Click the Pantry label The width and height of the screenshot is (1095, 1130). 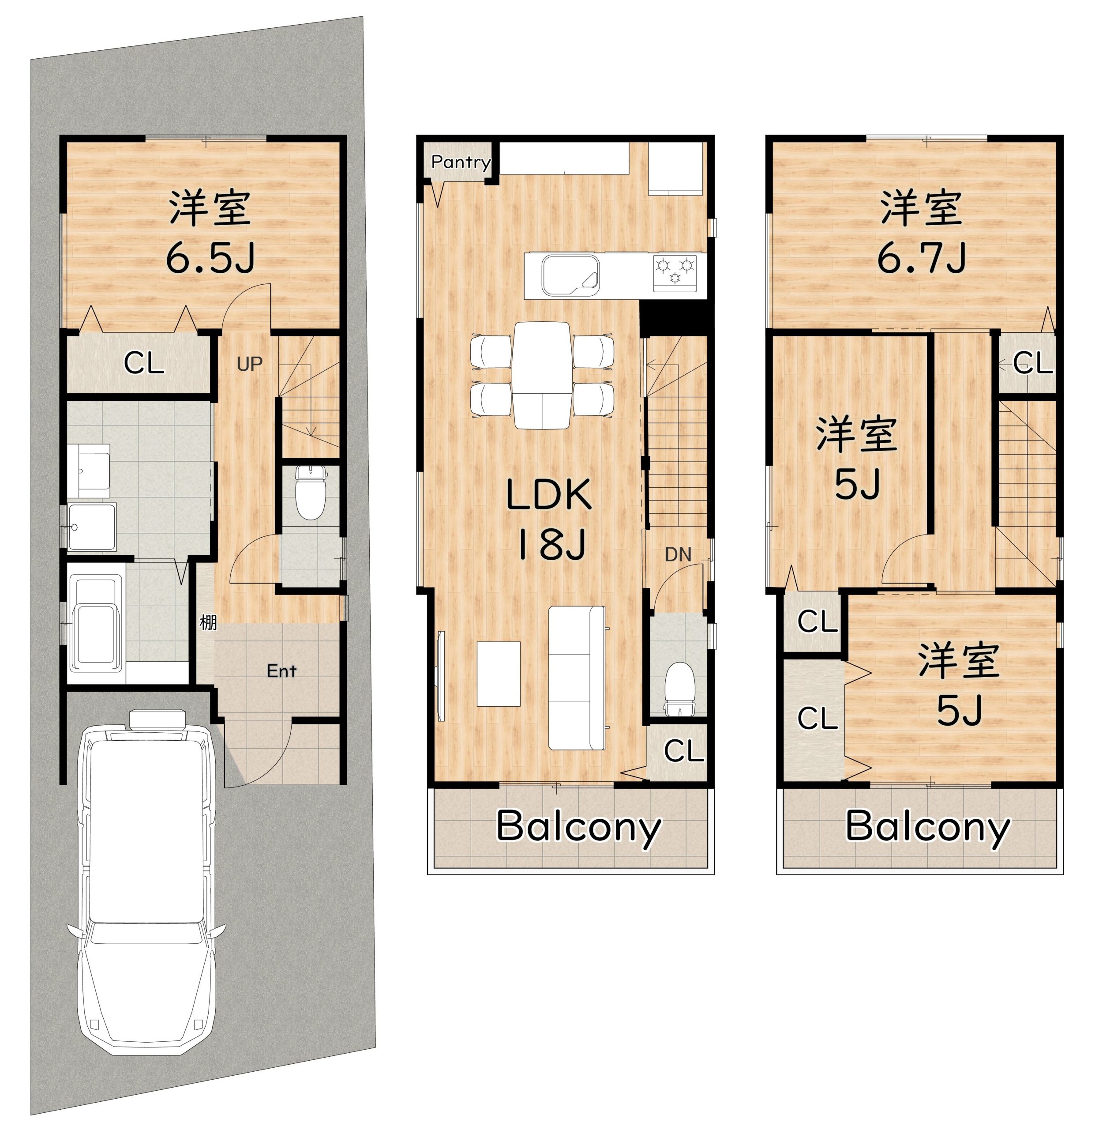461,162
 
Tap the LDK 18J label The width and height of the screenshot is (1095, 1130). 549,520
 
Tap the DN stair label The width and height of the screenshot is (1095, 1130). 678,554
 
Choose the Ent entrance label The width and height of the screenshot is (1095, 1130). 281,670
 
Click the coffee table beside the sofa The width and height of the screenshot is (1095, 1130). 499,674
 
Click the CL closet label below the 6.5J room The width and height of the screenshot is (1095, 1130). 144,364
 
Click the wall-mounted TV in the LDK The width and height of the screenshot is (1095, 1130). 442,676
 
